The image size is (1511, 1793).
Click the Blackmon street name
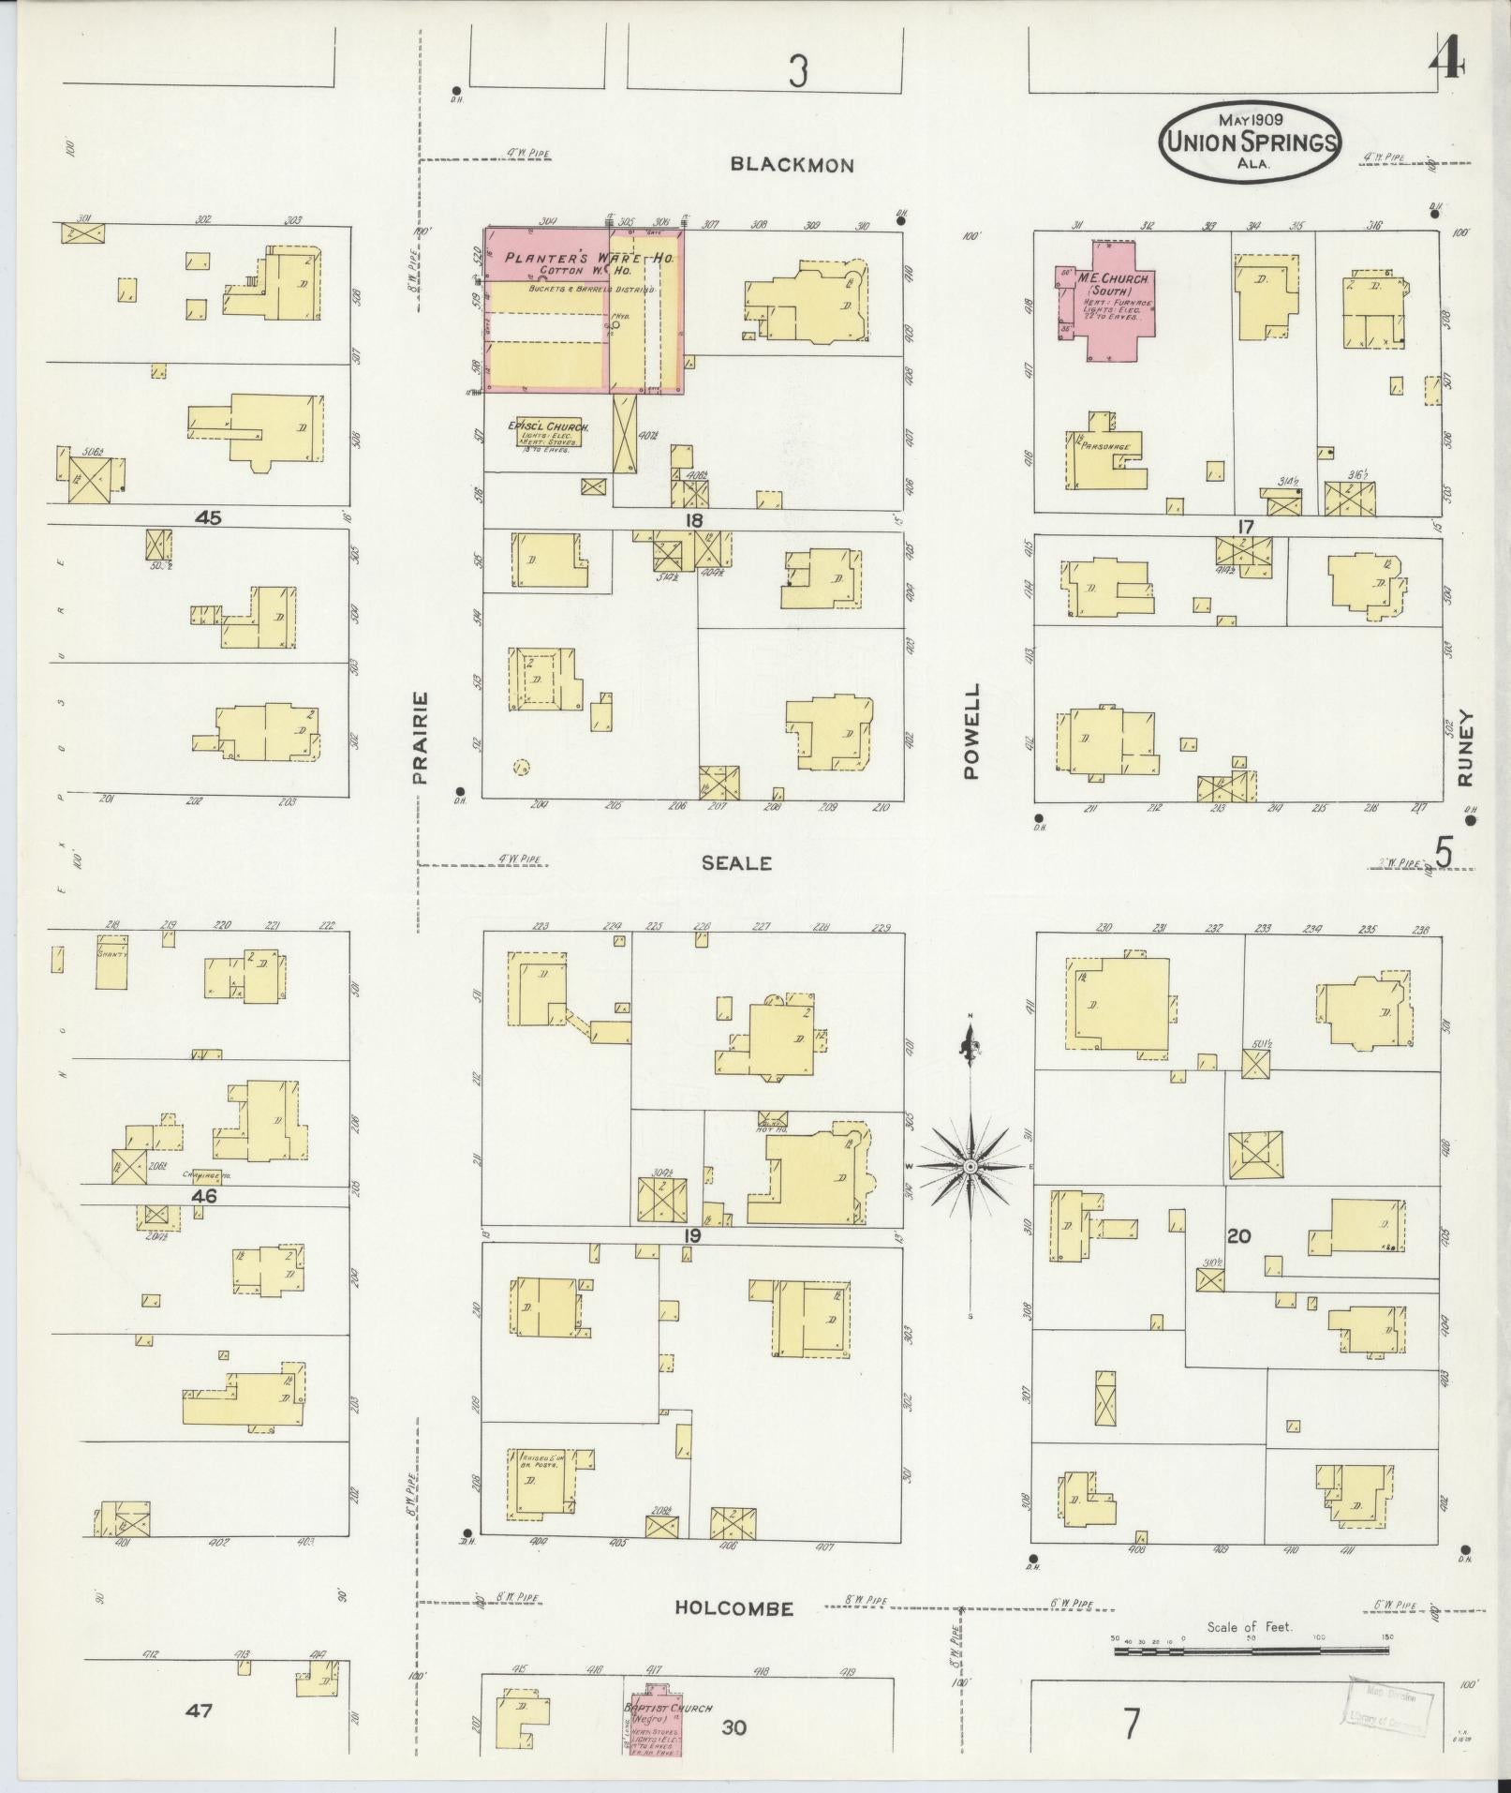point(792,165)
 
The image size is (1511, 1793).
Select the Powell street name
point(970,730)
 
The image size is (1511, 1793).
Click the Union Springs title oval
point(1251,141)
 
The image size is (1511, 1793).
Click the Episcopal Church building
point(549,432)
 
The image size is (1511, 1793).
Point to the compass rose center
point(971,1166)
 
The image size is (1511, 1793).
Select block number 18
point(693,520)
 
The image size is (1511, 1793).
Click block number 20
point(1238,1236)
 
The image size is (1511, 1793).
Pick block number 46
point(203,1195)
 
